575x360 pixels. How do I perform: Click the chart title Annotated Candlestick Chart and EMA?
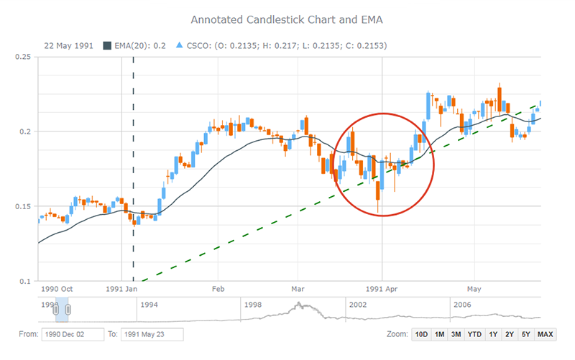[287, 17]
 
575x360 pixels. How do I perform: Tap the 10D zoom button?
[421, 334]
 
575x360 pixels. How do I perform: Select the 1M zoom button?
[438, 334]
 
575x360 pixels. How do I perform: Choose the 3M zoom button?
[456, 334]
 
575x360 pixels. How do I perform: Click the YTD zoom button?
[474, 334]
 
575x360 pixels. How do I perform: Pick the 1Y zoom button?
[493, 334]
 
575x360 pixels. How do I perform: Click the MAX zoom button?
[545, 334]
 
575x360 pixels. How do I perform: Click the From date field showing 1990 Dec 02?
[73, 334]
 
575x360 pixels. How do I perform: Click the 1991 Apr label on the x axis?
[382, 289]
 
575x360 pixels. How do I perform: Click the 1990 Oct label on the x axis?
[57, 289]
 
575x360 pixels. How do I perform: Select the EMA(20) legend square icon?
[108, 45]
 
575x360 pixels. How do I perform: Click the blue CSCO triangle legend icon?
[180, 45]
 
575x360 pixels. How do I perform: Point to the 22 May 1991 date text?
[68, 45]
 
